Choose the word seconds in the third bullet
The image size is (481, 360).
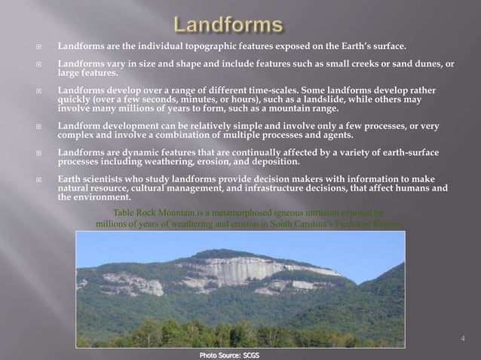(162, 100)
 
